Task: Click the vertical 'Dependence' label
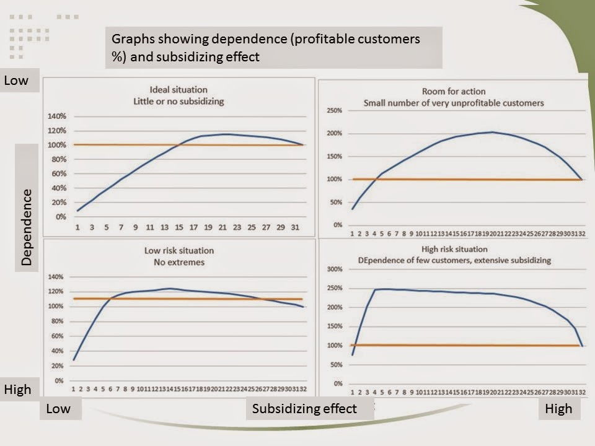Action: (27, 227)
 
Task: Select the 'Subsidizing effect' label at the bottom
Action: (304, 408)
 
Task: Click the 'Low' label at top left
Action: (16, 81)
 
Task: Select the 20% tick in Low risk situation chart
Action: (58, 366)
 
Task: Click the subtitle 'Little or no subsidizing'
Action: (178, 101)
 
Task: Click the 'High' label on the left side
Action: (17, 390)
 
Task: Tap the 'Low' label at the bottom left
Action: (58, 408)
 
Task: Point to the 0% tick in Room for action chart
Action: (338, 225)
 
